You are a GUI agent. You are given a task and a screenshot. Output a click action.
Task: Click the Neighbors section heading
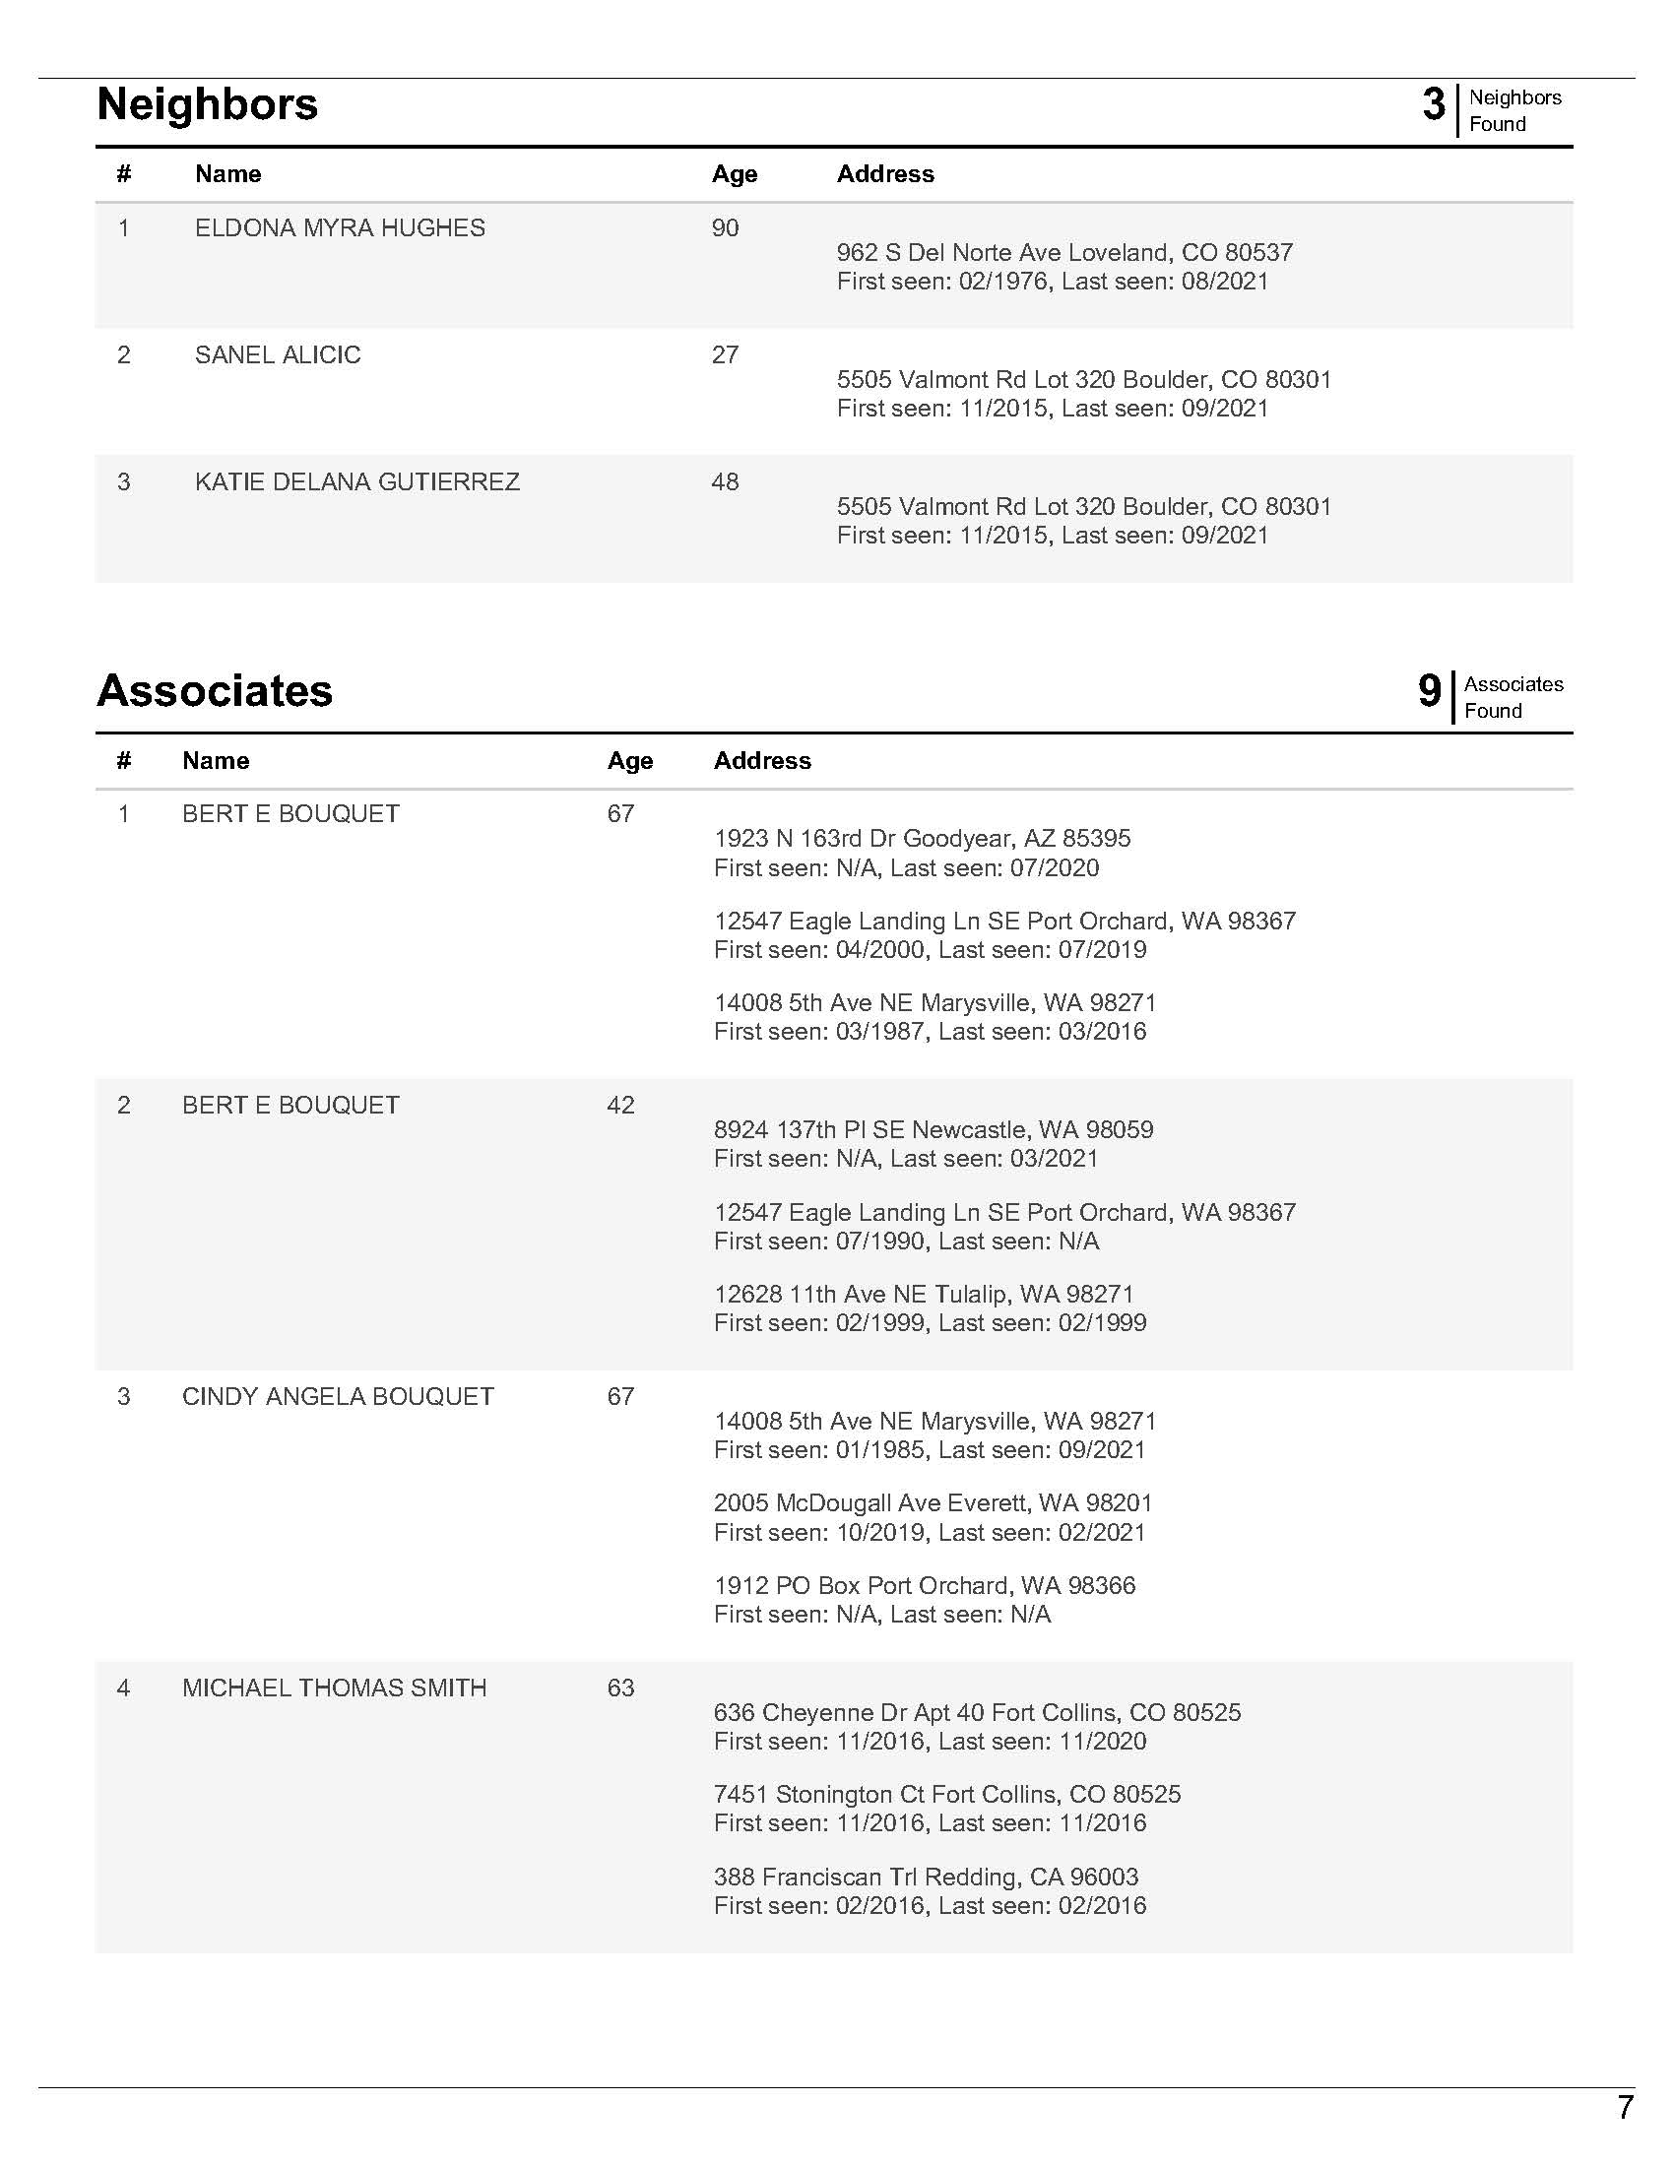[x=207, y=104]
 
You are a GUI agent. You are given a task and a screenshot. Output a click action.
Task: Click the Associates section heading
[x=215, y=691]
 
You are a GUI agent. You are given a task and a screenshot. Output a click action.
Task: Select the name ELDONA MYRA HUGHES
[x=339, y=228]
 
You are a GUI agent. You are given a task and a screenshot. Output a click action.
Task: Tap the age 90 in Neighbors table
[x=725, y=228]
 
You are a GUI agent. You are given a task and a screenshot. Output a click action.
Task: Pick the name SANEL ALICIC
[x=278, y=355]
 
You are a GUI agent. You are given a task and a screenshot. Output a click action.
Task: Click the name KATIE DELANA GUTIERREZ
[x=357, y=482]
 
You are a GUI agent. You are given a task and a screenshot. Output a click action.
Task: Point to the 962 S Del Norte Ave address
[x=1064, y=253]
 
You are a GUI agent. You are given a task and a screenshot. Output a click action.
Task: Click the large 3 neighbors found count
[x=1433, y=105]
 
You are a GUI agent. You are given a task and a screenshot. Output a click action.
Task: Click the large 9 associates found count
[x=1429, y=691]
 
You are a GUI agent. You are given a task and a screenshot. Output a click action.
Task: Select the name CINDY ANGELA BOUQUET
[x=337, y=1396]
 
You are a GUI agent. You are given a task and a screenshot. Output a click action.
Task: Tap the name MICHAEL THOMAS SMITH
[x=334, y=1688]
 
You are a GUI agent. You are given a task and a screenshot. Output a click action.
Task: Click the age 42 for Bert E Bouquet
[x=620, y=1105]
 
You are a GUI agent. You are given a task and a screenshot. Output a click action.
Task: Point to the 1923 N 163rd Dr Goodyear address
[x=922, y=839]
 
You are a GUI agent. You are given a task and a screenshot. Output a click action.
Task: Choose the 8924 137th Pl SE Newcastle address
[x=934, y=1129]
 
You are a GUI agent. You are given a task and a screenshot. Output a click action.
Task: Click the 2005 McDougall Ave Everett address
[x=934, y=1502]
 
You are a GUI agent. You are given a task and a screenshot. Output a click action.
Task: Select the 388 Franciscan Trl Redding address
[x=926, y=1877]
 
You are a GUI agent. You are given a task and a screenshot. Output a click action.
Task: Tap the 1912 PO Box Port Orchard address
[x=925, y=1585]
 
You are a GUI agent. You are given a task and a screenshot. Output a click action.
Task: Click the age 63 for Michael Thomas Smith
[x=620, y=1688]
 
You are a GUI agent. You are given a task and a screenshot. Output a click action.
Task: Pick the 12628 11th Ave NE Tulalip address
[x=924, y=1295]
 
